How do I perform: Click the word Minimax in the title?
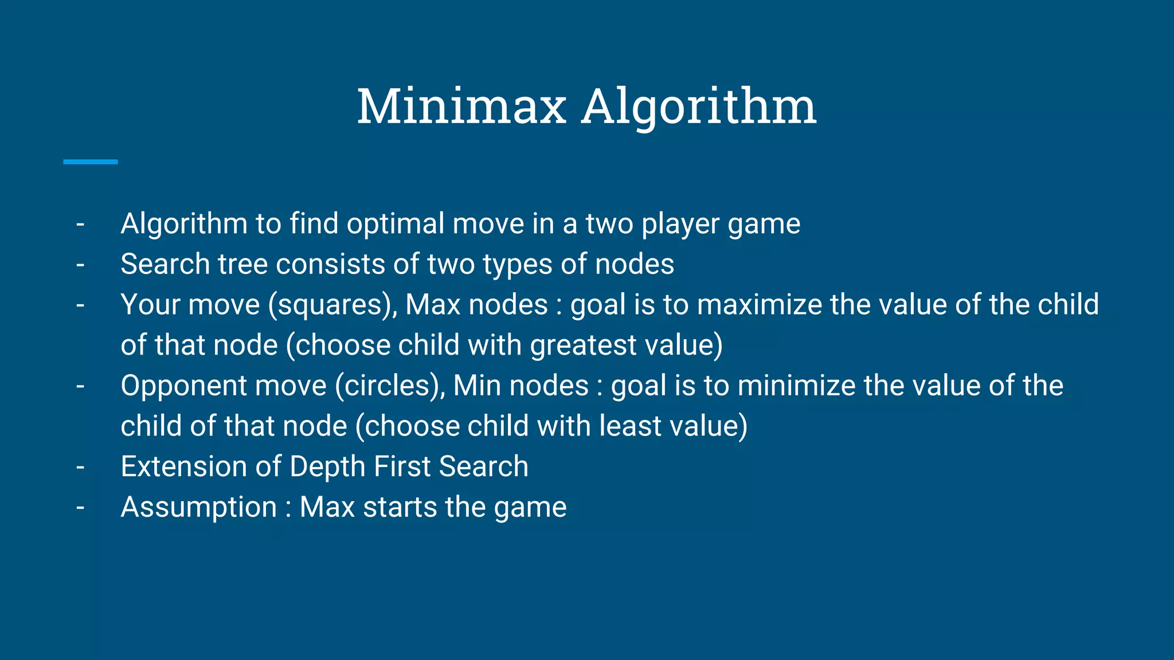[461, 107]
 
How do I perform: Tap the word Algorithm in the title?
[699, 108]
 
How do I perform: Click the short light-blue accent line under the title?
[91, 162]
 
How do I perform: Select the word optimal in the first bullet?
[396, 224]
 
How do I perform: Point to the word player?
[680, 224]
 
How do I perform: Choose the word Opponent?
[183, 386]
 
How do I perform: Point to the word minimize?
[796, 386]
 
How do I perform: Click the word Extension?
[183, 466]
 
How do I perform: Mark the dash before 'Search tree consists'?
[80, 265]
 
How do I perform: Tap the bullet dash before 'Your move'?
[80, 305]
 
